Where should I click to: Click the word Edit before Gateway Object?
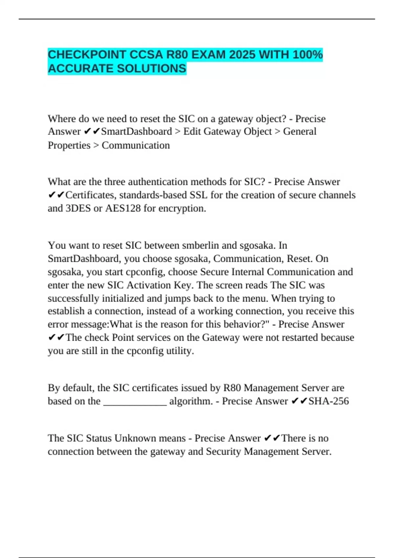coord(192,131)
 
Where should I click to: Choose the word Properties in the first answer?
coord(69,145)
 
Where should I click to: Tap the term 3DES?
coord(78,208)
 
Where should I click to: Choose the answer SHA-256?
coord(329,401)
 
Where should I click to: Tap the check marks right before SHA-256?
coord(299,401)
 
